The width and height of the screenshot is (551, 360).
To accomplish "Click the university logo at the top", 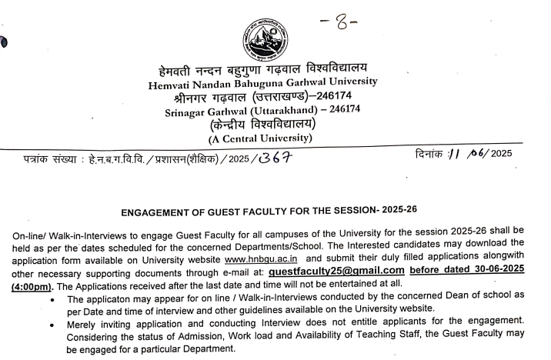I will [x=264, y=38].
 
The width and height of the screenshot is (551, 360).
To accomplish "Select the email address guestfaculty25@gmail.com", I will [x=336, y=271].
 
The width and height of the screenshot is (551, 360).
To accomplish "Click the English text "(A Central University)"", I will [x=261, y=138].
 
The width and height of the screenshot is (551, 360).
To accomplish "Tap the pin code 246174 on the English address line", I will [x=338, y=111].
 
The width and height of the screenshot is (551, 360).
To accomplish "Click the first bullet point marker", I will [x=51, y=298].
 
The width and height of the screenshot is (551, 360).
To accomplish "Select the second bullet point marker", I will [x=51, y=325].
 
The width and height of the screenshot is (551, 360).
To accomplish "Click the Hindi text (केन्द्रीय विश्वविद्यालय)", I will [x=262, y=124].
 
